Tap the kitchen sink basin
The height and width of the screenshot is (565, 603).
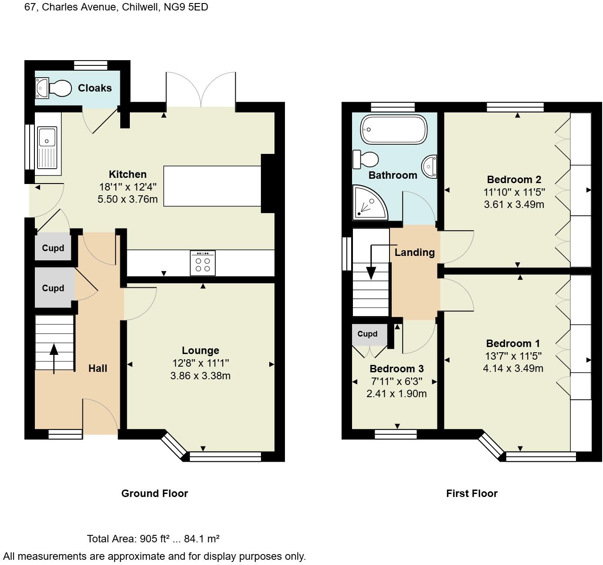[47, 137]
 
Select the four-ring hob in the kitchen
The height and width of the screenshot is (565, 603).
[203, 263]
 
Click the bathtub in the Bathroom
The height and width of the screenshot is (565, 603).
[393, 129]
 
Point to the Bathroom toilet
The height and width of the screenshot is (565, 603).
[366, 159]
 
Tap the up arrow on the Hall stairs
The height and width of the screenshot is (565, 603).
[54, 357]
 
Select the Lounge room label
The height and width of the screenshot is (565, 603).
[200, 351]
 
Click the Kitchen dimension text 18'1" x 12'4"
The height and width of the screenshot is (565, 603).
[128, 187]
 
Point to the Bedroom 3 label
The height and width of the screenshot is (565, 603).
[396, 369]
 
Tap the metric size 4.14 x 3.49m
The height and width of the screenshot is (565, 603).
[513, 368]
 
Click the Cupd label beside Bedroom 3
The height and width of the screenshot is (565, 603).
[367, 334]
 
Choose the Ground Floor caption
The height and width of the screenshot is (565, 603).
[155, 494]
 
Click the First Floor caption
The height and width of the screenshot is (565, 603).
[472, 494]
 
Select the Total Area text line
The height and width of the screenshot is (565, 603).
[153, 539]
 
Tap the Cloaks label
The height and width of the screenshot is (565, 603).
[95, 88]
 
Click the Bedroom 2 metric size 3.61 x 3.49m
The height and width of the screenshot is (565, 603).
[514, 204]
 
